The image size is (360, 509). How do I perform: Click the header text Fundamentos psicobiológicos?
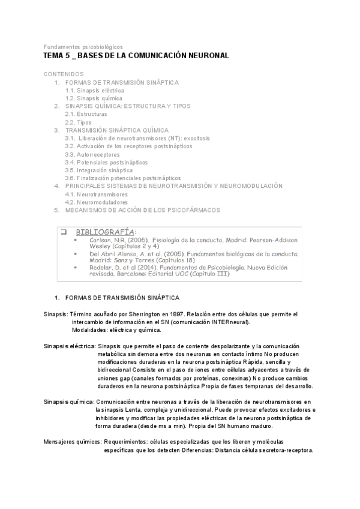click(83, 46)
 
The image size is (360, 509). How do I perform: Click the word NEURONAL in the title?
click(204, 56)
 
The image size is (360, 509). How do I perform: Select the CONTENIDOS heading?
click(64, 74)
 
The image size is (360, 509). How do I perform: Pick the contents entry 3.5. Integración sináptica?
click(99, 170)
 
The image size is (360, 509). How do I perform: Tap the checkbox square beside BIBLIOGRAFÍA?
click(62, 231)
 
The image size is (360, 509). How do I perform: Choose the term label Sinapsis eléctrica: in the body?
click(70, 347)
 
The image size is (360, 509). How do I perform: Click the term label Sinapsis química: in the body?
click(68, 401)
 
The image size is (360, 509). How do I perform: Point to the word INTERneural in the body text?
click(227, 322)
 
